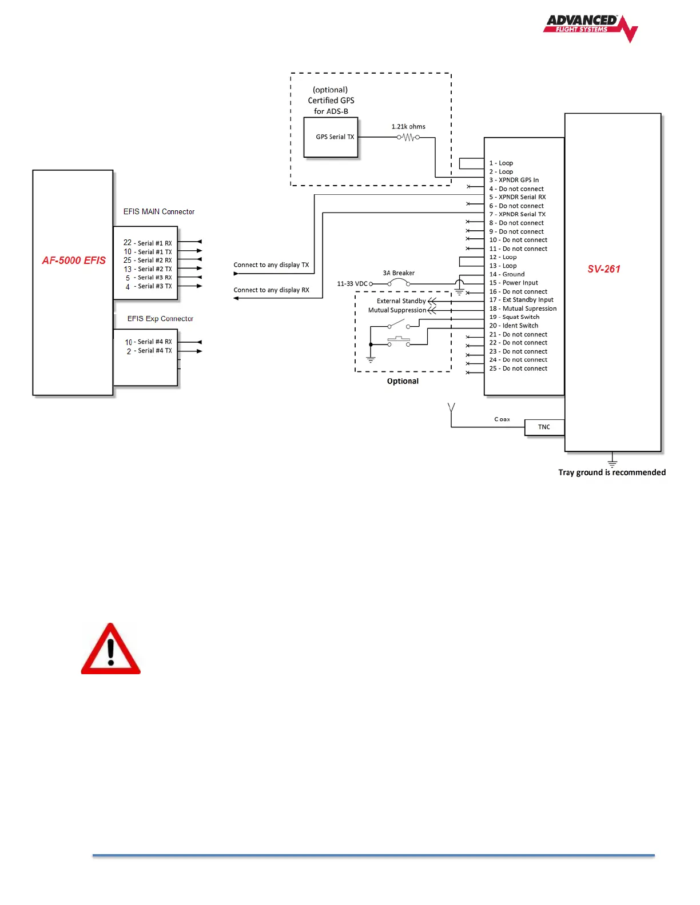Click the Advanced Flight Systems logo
pyautogui.click(x=590, y=27)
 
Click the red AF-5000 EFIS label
pyautogui.click(x=74, y=261)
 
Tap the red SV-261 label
pyautogui.click(x=604, y=269)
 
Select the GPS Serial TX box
pyautogui.click(x=331, y=137)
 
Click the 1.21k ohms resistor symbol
pyautogui.click(x=408, y=137)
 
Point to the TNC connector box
pyautogui.click(x=544, y=427)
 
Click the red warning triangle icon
pyautogui.click(x=111, y=650)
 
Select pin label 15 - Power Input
pyautogui.click(x=514, y=283)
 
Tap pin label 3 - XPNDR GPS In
pyautogui.click(x=514, y=180)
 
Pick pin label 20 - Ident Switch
pyautogui.click(x=514, y=326)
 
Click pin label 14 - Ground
pyautogui.click(x=507, y=274)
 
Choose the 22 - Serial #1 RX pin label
pyautogui.click(x=148, y=243)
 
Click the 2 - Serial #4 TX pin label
pyautogui.click(x=149, y=351)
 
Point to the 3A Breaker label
pyautogui.click(x=399, y=273)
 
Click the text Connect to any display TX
pyautogui.click(x=271, y=265)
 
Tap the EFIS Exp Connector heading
pyautogui.click(x=160, y=319)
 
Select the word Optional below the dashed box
pyautogui.click(x=403, y=381)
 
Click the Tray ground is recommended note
pyautogui.click(x=612, y=472)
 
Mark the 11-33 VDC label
pyautogui.click(x=352, y=283)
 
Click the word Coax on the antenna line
pyautogui.click(x=502, y=419)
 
